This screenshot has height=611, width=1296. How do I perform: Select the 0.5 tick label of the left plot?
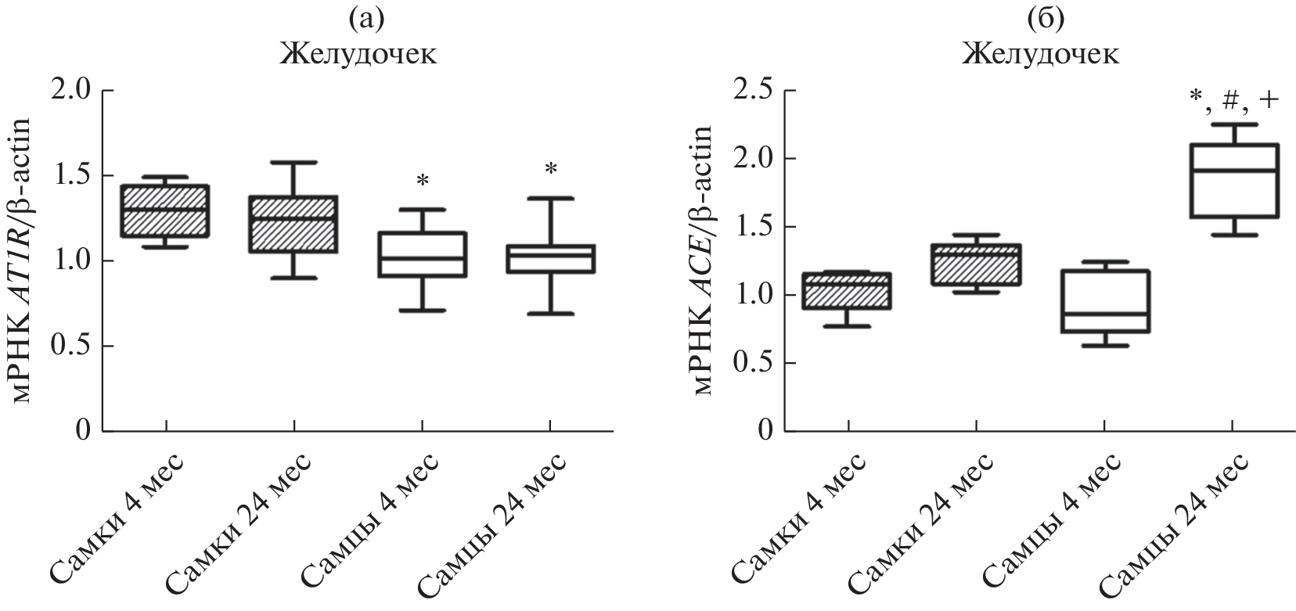tap(75, 346)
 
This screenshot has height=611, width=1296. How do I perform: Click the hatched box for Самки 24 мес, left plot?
tap(294, 224)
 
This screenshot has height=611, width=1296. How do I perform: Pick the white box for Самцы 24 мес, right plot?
tap(1233, 181)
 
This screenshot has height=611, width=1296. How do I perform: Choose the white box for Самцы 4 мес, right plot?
tap(1105, 301)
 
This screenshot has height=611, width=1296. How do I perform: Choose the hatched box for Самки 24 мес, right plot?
tap(977, 264)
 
